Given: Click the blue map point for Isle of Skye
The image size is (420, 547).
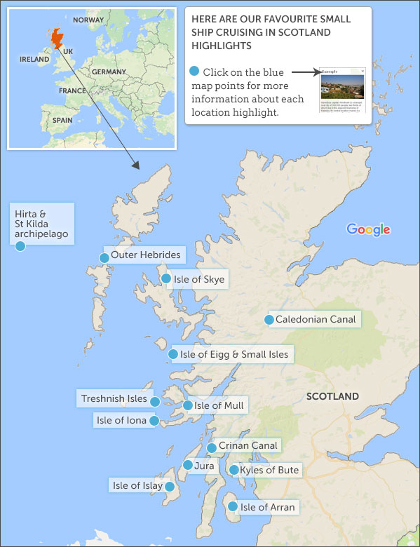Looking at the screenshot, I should pyautogui.click(x=166, y=278).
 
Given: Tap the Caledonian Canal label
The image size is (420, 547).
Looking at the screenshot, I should pyautogui.click(x=316, y=320).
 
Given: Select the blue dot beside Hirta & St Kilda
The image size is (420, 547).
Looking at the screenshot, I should pyautogui.click(x=20, y=245).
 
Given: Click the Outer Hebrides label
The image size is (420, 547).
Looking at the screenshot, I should pyautogui.click(x=145, y=255).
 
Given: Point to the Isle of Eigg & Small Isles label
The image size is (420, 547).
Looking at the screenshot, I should pyautogui.click(x=233, y=355).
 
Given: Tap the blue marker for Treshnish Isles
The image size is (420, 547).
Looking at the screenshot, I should pyautogui.click(x=155, y=401).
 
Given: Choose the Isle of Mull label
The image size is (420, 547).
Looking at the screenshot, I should pyautogui.click(x=219, y=405).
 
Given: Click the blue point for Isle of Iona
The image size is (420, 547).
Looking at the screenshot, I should pyautogui.click(x=154, y=421).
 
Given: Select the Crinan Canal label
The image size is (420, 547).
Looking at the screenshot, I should pyautogui.click(x=248, y=445).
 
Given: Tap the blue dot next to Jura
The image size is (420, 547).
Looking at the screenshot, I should pyautogui.click(x=188, y=465).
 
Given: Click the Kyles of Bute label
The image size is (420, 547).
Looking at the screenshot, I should pyautogui.click(x=269, y=470).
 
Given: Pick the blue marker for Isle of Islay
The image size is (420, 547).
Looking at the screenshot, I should pyautogui.click(x=169, y=486).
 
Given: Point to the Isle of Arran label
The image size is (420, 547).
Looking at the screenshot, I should pyautogui.click(x=268, y=507).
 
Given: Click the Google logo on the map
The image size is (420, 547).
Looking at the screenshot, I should pyautogui.click(x=368, y=229).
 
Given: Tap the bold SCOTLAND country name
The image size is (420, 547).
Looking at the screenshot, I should pyautogui.click(x=332, y=396).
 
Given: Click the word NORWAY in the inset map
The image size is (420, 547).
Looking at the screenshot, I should pyautogui.click(x=88, y=20).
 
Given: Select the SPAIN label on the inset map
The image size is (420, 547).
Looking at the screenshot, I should pyautogui.click(x=62, y=120).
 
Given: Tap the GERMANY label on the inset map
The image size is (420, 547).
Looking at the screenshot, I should pyautogui.click(x=108, y=72).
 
